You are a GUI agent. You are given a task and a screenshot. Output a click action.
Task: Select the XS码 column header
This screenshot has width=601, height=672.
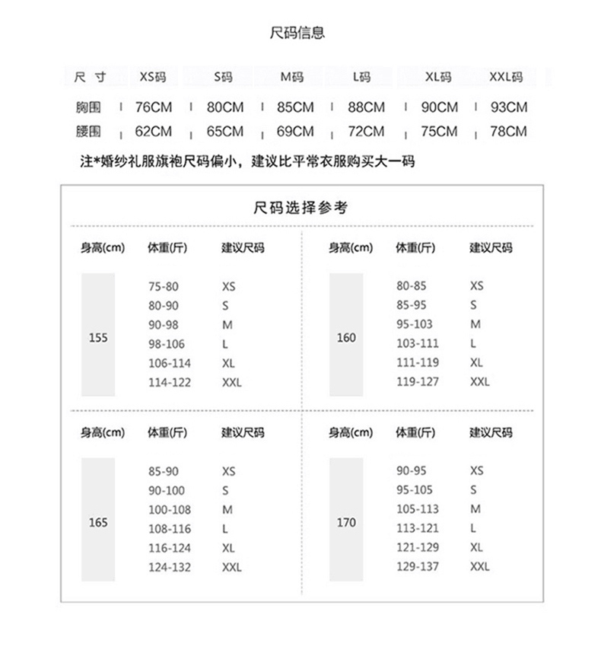point(152,77)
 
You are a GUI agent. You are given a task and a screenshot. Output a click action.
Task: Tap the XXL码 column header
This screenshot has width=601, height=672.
point(506,77)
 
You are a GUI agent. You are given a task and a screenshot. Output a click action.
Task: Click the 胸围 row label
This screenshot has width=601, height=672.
point(88,107)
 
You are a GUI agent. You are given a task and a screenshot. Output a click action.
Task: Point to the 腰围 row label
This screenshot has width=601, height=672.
point(88,132)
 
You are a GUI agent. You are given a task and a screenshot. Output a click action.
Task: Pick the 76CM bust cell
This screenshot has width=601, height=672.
point(154,107)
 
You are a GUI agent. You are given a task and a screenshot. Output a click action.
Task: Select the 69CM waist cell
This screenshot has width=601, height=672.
point(295,132)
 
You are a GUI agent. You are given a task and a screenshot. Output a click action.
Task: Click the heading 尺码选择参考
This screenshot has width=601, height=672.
point(300,208)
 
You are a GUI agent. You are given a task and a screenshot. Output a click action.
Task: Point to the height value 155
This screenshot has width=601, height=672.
point(98,338)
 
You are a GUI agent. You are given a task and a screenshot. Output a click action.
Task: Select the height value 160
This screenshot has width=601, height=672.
point(346,338)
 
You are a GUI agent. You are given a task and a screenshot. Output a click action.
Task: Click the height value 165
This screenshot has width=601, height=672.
point(98,523)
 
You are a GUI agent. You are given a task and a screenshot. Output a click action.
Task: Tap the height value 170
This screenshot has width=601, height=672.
point(346,523)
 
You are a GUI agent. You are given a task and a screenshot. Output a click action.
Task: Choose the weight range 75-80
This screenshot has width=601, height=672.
point(164,287)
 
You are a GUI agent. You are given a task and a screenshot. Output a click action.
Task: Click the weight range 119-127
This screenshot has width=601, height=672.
point(418,381)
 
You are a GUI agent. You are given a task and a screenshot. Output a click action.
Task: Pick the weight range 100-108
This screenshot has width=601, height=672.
point(170,510)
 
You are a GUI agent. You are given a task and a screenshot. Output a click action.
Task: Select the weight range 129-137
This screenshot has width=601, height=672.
point(418,566)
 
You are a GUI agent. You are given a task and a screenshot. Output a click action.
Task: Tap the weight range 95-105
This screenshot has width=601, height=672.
point(415,490)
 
